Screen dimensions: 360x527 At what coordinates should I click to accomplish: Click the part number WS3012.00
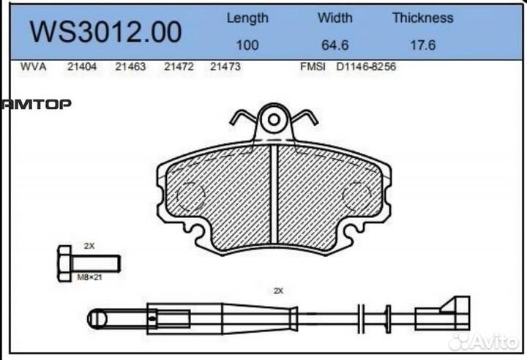pos(105,32)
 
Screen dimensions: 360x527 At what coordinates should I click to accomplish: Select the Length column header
pos(247,18)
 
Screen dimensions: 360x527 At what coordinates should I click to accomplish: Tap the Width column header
pos(334,18)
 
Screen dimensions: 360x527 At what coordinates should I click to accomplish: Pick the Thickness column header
pos(422,18)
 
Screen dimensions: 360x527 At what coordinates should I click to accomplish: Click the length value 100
pos(247,45)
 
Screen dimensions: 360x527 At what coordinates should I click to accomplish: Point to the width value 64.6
pos(334,45)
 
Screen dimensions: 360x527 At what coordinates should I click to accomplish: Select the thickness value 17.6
pos(422,45)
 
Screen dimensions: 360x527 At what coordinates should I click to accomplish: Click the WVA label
pos(34,67)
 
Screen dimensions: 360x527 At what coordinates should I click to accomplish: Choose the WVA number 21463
pos(130,67)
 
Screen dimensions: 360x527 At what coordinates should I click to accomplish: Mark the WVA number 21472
pos(179,67)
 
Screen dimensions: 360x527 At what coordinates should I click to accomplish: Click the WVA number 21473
pos(225,67)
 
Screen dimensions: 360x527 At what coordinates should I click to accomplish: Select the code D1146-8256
pos(366,67)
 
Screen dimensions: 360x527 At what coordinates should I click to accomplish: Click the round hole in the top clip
pos(274,118)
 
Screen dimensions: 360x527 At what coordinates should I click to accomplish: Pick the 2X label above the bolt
pos(89,246)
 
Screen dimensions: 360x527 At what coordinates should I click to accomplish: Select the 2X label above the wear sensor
pos(277,290)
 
